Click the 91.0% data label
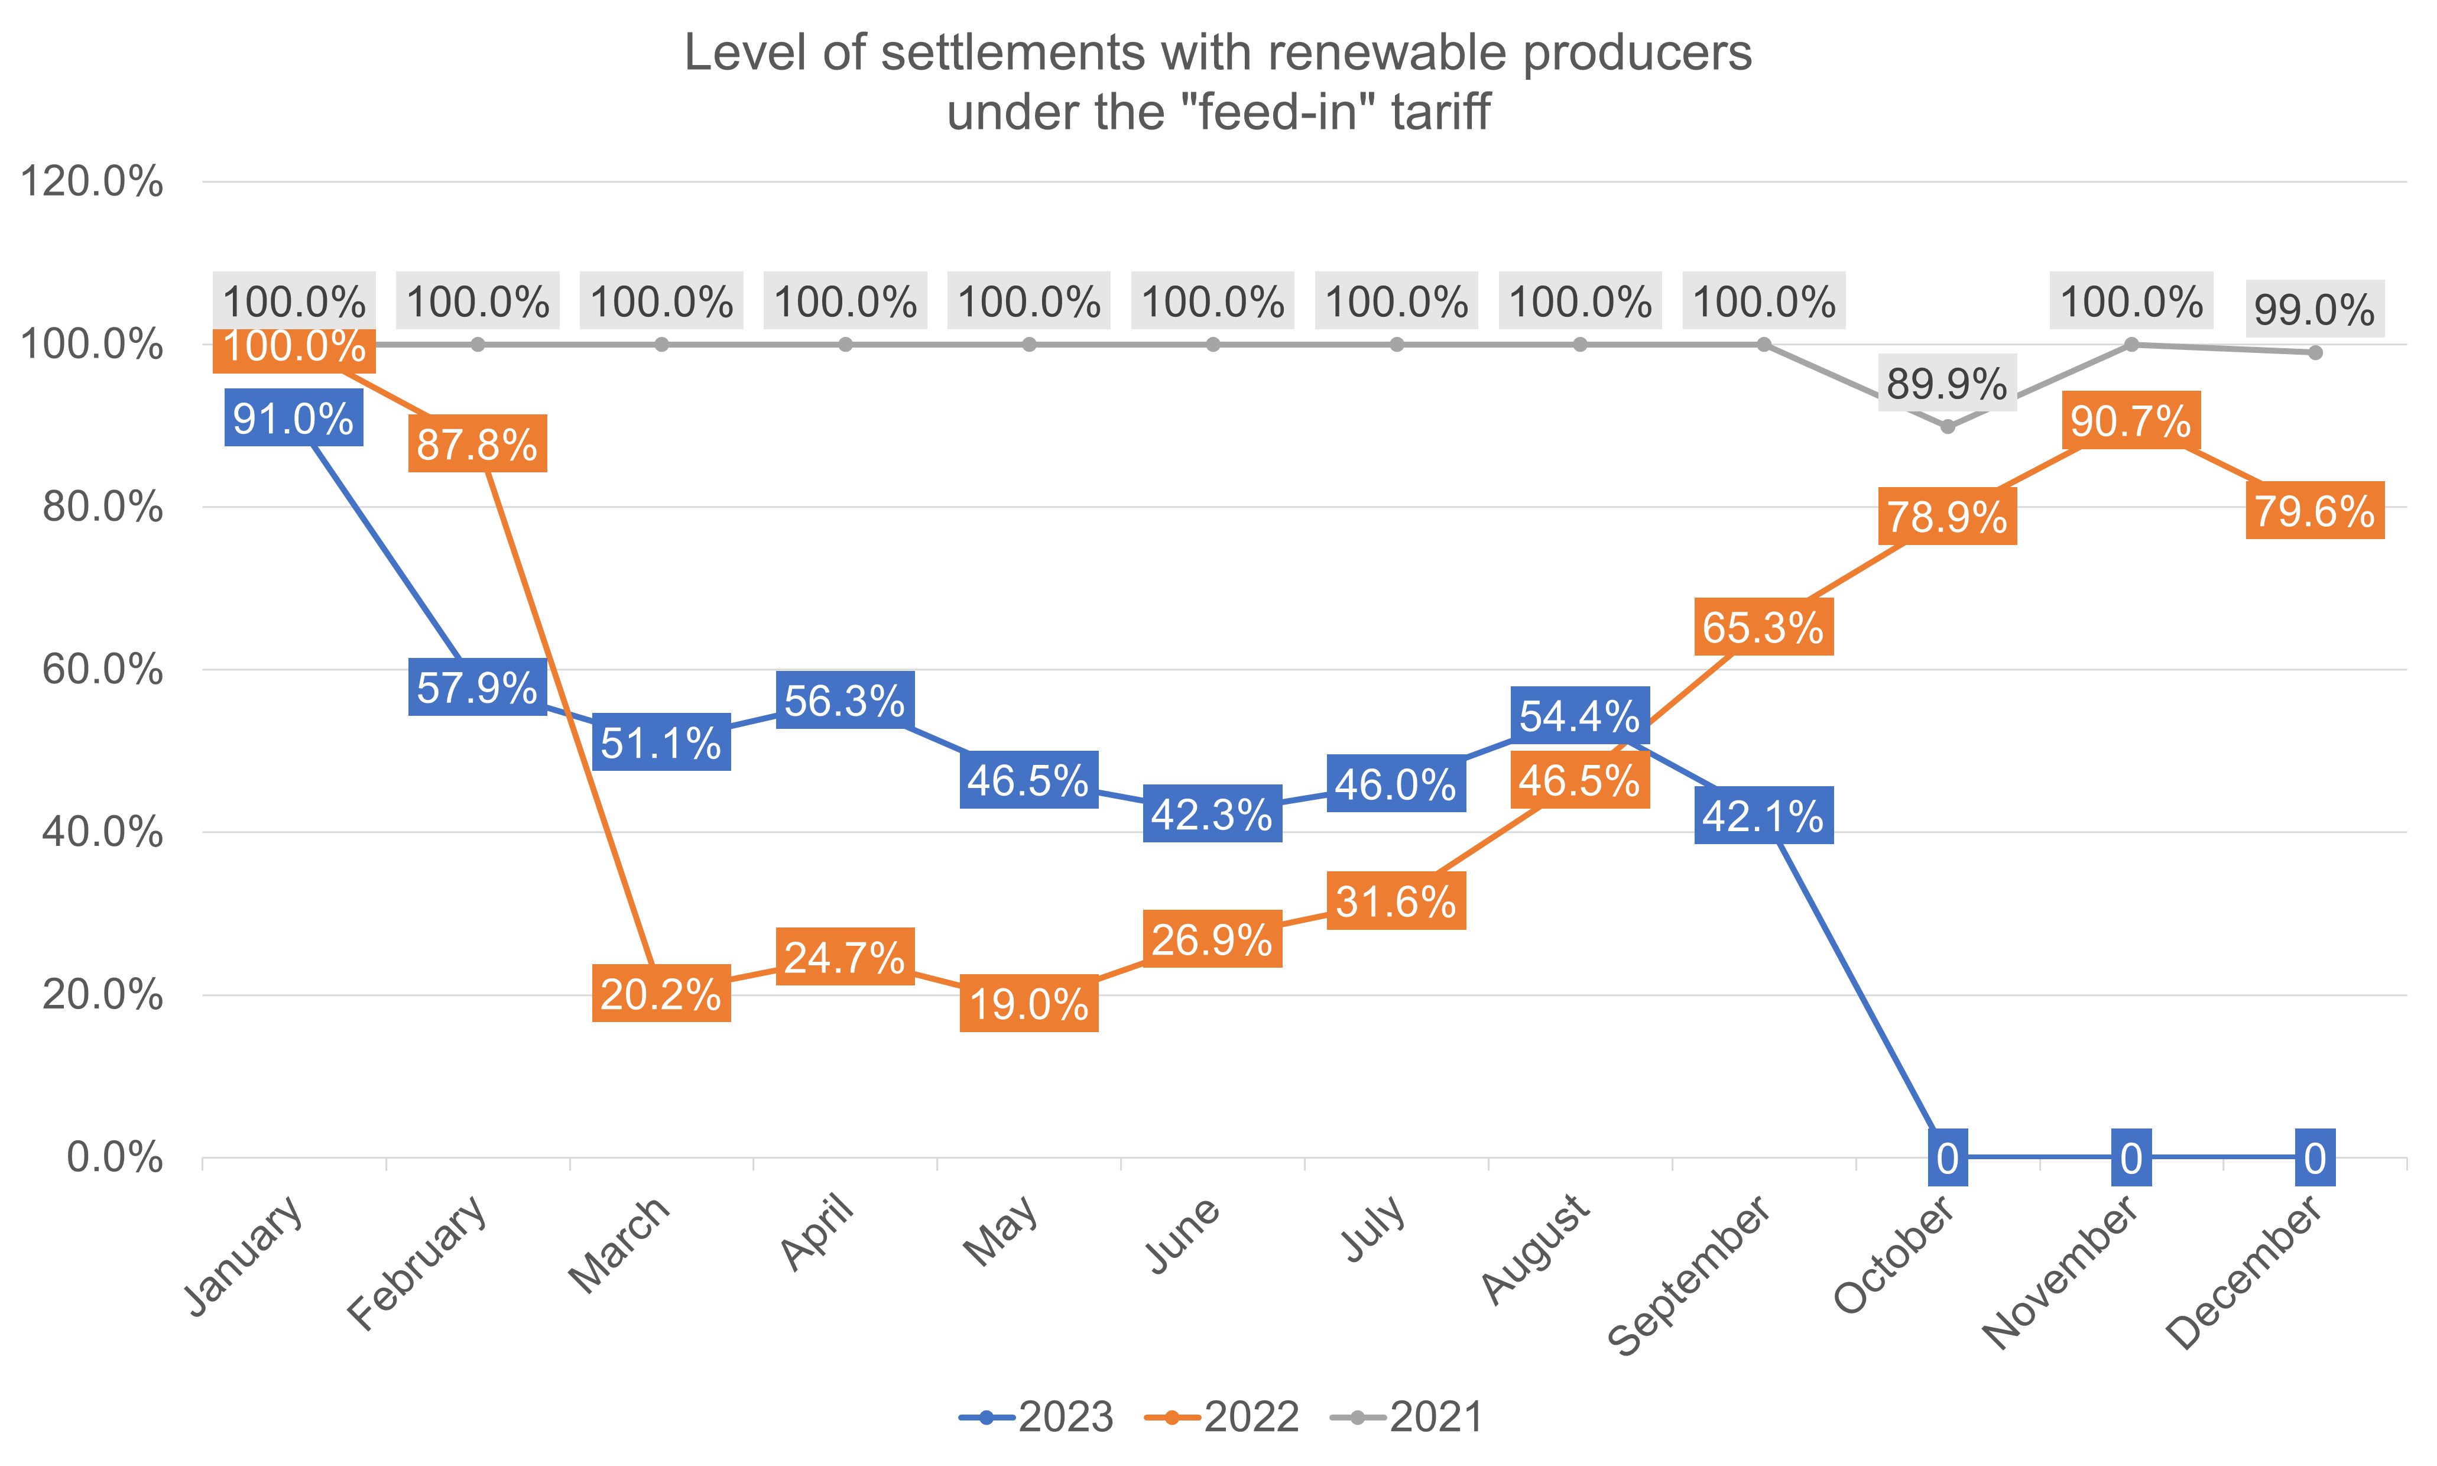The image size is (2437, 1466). (x=293, y=419)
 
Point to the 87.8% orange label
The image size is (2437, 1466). (x=477, y=445)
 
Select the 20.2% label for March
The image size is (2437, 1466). (x=661, y=994)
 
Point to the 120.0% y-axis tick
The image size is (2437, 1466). (x=91, y=183)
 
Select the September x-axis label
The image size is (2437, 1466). (x=1689, y=1274)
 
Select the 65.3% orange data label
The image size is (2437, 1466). (x=1763, y=627)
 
